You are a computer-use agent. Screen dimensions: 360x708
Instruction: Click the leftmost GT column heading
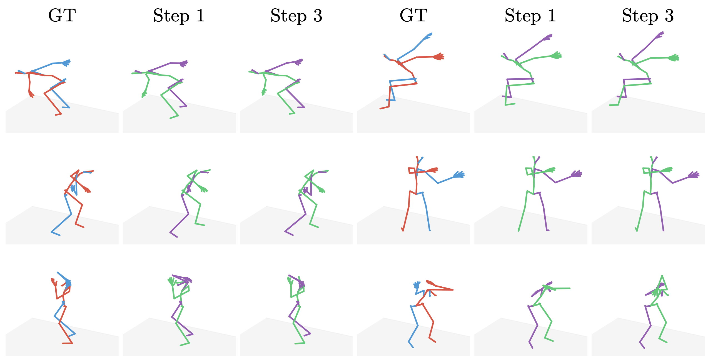coord(62,16)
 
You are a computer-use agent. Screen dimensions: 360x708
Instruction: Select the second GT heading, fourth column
coord(413,16)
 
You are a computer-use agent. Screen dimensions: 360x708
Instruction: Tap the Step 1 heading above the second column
coord(179,16)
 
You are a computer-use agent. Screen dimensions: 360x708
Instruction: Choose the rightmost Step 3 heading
coord(648,16)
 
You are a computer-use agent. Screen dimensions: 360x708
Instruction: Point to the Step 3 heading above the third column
coord(296,16)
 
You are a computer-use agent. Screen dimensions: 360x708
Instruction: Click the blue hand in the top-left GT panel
coord(67,62)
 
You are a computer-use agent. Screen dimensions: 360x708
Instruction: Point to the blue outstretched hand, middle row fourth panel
coord(459,175)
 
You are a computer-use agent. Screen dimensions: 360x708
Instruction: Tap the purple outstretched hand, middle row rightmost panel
coord(694,175)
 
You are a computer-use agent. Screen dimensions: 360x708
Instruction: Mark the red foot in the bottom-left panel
coord(68,343)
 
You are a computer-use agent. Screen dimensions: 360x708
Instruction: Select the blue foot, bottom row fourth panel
coord(411,344)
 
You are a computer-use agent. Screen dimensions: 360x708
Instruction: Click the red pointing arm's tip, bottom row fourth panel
coord(453,290)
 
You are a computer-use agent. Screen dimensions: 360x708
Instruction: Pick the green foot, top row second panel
coord(174,117)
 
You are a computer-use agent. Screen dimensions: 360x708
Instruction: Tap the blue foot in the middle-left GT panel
coord(56,234)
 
